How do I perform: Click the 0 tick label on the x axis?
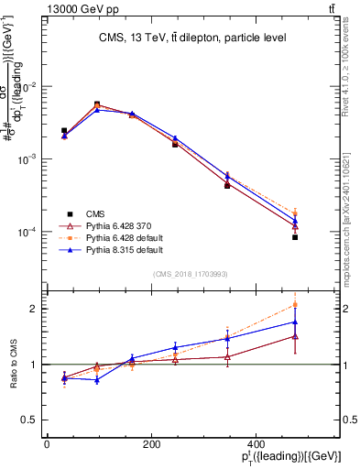click(47, 445)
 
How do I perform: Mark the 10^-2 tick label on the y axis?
click(27, 86)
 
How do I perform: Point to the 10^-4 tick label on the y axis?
click(27, 232)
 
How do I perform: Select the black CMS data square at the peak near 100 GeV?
click(97, 104)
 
